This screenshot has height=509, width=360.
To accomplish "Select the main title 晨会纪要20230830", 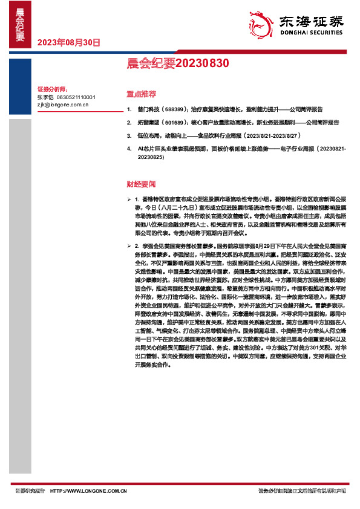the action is tap(177, 62).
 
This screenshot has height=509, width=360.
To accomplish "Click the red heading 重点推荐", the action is tap(141, 94).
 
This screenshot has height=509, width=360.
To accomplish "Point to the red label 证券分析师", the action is tap(51, 88).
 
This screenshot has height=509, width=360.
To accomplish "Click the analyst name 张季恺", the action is tap(45, 97).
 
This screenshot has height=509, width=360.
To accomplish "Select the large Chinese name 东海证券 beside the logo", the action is tap(309, 22).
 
